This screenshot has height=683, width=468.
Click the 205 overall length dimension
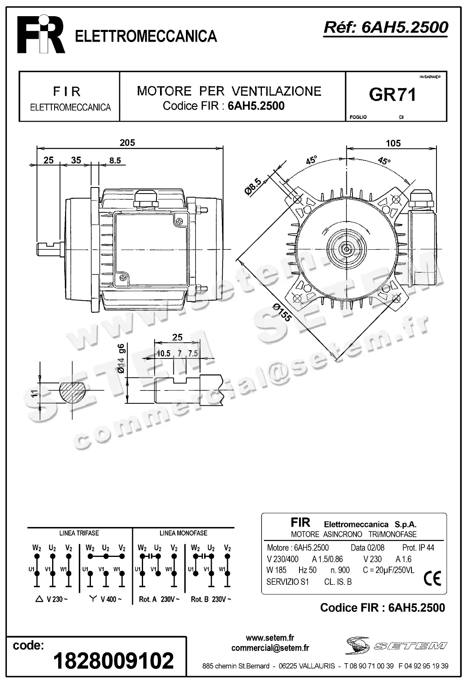coord(127,143)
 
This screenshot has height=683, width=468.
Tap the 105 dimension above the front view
coord(393,143)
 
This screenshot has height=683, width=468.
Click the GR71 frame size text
coord(392,95)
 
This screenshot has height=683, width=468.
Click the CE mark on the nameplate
coord(432,579)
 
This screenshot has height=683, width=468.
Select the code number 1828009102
coord(114,660)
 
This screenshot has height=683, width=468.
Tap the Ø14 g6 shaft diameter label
coord(121,358)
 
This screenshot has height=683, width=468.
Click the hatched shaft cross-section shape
coord(72,392)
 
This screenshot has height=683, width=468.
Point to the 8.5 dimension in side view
coord(115,160)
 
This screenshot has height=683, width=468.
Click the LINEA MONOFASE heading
coord(183,533)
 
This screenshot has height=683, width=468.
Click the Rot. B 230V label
coord(211,599)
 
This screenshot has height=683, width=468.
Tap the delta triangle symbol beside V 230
coord(39,599)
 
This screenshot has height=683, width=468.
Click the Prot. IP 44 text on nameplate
coord(418,548)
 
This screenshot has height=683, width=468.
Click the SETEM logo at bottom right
coord(396,646)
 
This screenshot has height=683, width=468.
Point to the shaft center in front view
coord(346,248)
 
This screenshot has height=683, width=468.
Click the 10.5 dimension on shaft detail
coord(163,353)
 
